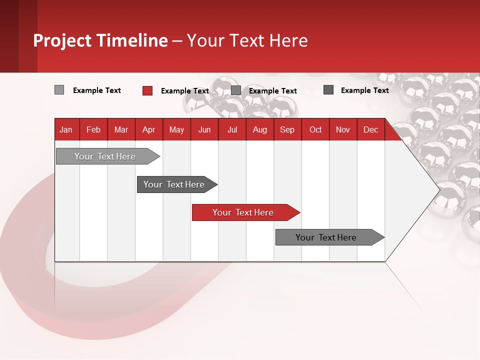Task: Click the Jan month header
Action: click(66, 129)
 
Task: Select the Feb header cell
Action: click(93, 129)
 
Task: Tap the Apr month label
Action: click(148, 129)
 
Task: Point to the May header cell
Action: click(176, 129)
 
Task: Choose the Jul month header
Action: click(232, 129)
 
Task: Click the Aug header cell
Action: click(259, 129)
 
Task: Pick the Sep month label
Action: click(287, 129)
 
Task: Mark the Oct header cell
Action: click(315, 129)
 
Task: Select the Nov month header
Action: click(343, 129)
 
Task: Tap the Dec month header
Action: click(370, 129)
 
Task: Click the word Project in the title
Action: click(62, 40)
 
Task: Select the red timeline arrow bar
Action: click(245, 212)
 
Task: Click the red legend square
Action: click(147, 90)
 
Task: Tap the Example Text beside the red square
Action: click(185, 91)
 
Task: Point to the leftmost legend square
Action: click(59, 90)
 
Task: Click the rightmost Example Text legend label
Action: click(365, 90)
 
